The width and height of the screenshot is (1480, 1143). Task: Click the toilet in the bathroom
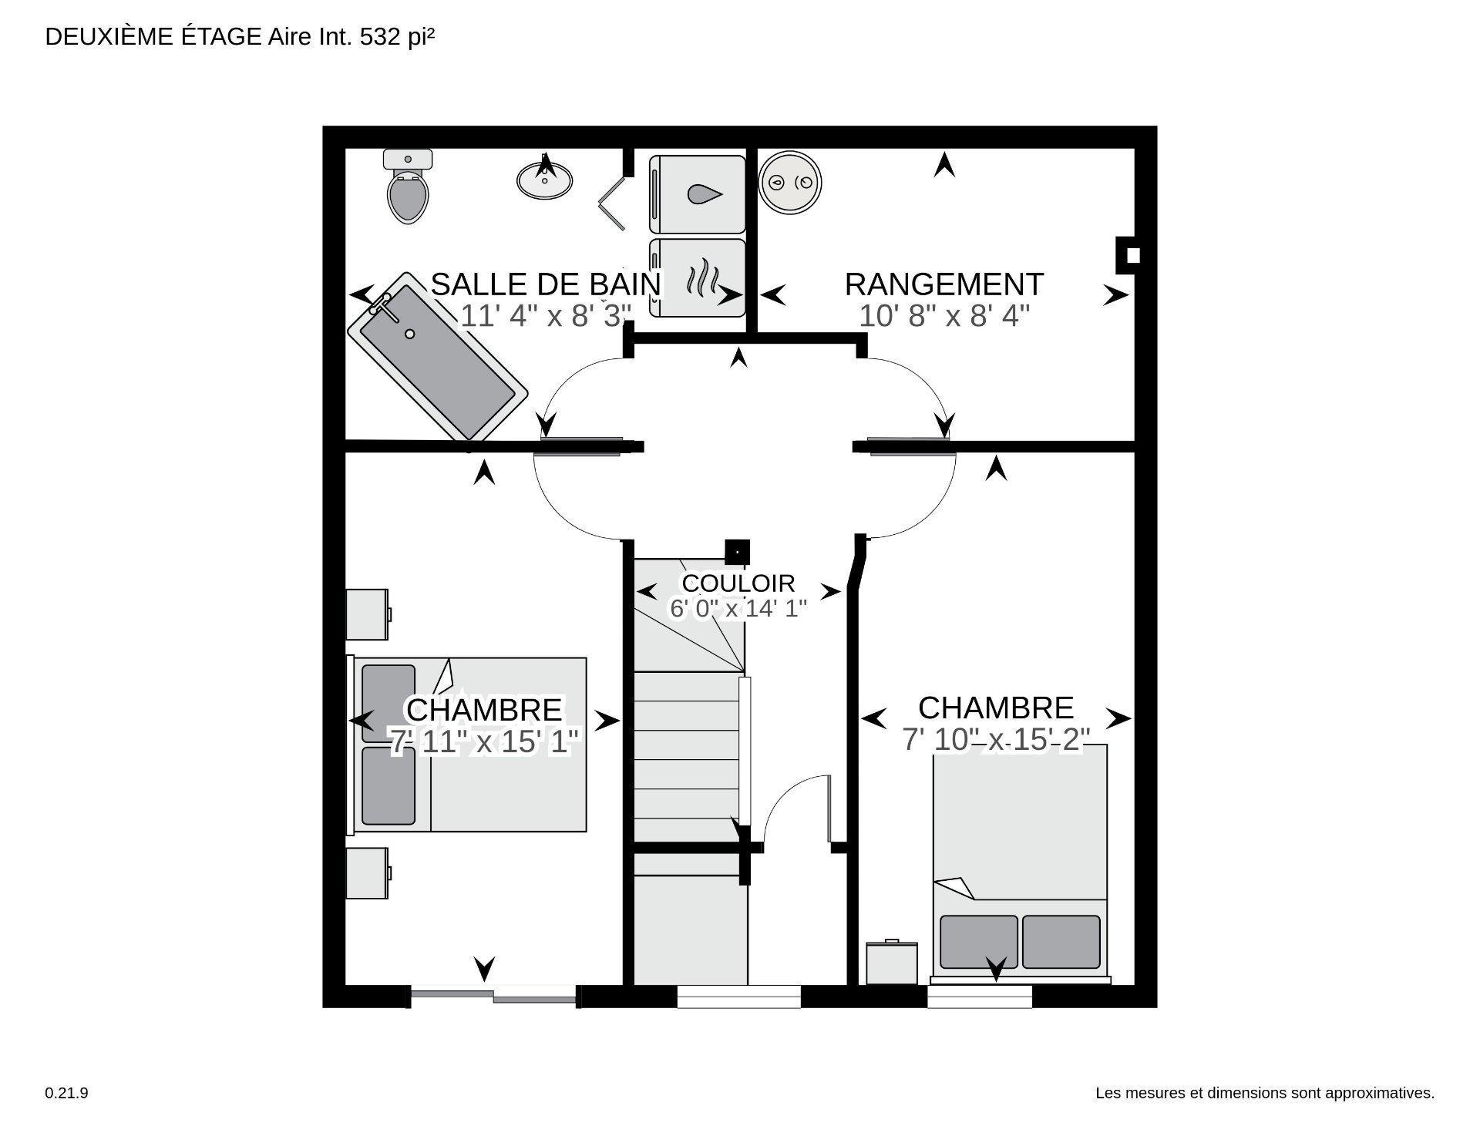tap(407, 187)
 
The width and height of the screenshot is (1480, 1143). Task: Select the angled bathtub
tap(437, 356)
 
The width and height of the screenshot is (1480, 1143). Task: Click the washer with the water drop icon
tap(698, 194)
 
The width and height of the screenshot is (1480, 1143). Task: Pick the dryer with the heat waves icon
tap(698, 277)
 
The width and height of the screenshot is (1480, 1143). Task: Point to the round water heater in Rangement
tap(790, 183)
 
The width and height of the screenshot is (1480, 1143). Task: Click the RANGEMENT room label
tap(943, 284)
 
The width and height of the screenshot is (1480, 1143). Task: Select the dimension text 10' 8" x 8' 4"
tap(943, 316)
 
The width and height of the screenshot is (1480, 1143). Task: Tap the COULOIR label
tap(738, 583)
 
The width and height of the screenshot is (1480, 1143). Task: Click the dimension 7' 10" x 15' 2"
tap(995, 740)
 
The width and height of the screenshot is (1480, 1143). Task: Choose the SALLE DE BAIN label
tap(546, 284)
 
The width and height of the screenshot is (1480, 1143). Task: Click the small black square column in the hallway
tap(738, 552)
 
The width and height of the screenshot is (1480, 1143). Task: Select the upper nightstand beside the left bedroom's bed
tap(367, 614)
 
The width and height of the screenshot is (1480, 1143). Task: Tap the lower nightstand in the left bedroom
tap(367, 872)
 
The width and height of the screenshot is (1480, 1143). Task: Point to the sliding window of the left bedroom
tap(493, 996)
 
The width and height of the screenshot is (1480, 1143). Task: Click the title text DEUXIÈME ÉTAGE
tap(153, 37)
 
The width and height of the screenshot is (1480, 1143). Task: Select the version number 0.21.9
tap(66, 1093)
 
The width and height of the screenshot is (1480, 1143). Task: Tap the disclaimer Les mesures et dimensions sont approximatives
tap(1264, 1093)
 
